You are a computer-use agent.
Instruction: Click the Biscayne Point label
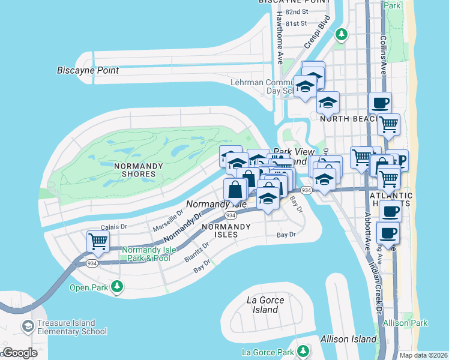pyautogui.click(x=88, y=70)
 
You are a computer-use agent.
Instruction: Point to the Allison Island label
pyautogui.click(x=349, y=339)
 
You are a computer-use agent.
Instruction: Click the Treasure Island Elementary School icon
pyautogui.click(x=28, y=326)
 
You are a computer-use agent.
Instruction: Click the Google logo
pyautogui.click(x=20, y=353)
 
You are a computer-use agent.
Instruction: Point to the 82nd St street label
pyautogui.click(x=297, y=11)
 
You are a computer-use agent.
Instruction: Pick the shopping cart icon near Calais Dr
pyautogui.click(x=98, y=241)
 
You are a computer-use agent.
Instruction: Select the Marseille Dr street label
pyautogui.click(x=167, y=221)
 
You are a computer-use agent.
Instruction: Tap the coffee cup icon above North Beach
pyautogui.click(x=379, y=103)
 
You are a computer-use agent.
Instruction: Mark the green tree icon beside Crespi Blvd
pyautogui.click(x=342, y=34)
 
